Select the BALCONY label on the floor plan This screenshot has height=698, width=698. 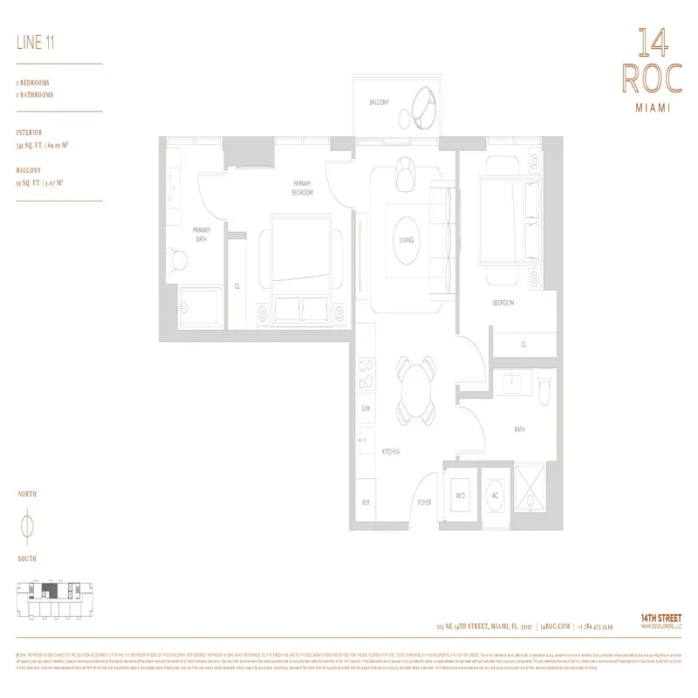point(379,102)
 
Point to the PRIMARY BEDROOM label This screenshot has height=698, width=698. point(303,188)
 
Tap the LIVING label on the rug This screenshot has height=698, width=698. point(406,239)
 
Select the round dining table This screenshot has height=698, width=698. point(415,384)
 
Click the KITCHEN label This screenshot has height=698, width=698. point(391,451)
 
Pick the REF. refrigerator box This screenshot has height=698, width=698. point(366,503)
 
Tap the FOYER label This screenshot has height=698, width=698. point(424,503)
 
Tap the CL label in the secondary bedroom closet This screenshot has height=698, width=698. point(523,345)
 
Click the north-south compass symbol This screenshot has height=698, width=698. point(26,526)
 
